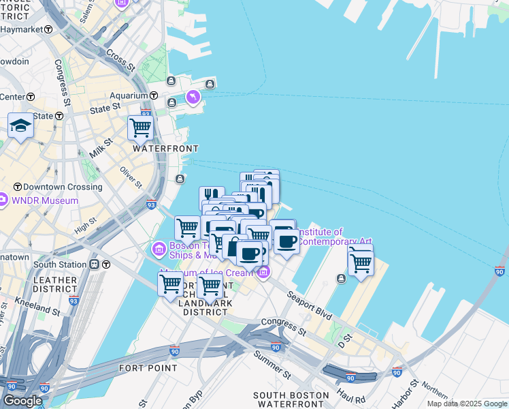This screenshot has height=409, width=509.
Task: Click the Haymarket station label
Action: [22, 30]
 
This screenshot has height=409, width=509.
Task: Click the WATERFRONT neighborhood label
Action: [165, 149]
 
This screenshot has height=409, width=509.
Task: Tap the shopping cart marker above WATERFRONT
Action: [140, 127]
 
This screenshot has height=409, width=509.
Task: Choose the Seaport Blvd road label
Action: [309, 305]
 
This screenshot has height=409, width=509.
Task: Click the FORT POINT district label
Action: [148, 368]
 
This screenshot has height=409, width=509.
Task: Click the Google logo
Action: [22, 401]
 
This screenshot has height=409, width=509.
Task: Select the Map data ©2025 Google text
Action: [467, 404]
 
